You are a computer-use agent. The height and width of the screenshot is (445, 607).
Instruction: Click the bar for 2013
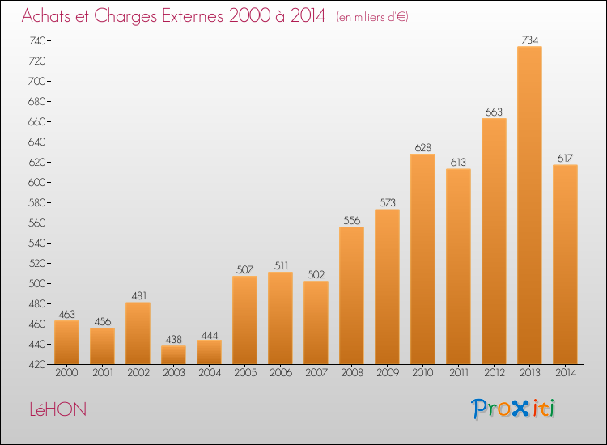pos(529,205)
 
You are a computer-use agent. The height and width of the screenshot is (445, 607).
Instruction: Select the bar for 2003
pos(173,355)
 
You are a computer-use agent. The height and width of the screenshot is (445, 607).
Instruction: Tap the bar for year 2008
pos(351,295)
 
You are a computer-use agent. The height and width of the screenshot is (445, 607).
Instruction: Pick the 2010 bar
pos(422,259)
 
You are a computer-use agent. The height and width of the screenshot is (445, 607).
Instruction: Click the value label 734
pos(529,40)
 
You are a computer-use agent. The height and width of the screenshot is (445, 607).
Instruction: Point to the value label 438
pos(173,339)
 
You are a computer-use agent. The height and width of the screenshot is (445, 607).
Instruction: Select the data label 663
pos(494,112)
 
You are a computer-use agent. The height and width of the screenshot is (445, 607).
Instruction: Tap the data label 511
pos(281,266)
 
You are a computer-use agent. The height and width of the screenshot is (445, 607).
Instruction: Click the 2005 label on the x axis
pos(245,373)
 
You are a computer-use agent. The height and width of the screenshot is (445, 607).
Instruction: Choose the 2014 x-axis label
pos(566,373)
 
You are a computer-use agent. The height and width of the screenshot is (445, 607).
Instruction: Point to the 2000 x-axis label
pos(66,373)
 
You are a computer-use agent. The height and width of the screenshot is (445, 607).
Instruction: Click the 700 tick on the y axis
pos(36,81)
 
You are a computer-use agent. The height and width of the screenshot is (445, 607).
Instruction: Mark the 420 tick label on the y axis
pos(36,365)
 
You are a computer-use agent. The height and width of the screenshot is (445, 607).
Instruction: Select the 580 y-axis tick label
pos(36,203)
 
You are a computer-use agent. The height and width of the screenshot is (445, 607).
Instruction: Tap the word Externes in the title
pos(193,15)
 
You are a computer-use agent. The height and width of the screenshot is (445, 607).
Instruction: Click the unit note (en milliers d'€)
pos(372,17)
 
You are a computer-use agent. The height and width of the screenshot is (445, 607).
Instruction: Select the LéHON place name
pos(58,409)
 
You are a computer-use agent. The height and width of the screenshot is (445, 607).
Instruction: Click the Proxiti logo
pos(513,409)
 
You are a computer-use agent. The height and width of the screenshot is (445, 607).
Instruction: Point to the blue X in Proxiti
pos(520,409)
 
